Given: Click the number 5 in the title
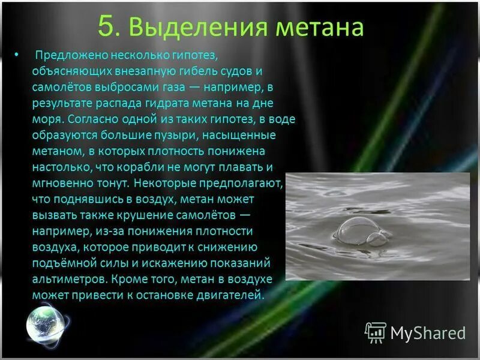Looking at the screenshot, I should click(106, 28).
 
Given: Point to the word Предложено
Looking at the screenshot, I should click(68, 56).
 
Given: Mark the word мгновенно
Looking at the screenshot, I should click(65, 183).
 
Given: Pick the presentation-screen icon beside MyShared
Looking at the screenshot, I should click(376, 332).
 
